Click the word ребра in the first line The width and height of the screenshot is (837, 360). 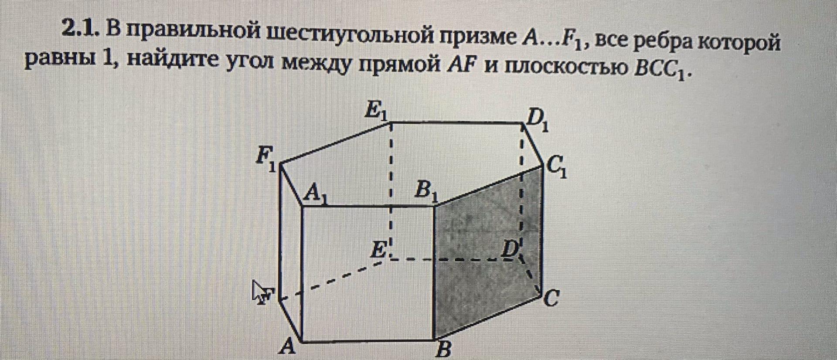pyautogui.click(x=663, y=42)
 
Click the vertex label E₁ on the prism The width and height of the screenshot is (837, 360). pyautogui.click(x=376, y=111)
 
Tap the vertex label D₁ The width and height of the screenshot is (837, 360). pyautogui.click(x=537, y=120)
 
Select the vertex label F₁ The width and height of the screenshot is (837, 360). pyautogui.click(x=265, y=159)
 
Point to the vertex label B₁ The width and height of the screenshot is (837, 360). pyautogui.click(x=425, y=191)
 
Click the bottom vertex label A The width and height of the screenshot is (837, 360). pyautogui.click(x=287, y=347)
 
